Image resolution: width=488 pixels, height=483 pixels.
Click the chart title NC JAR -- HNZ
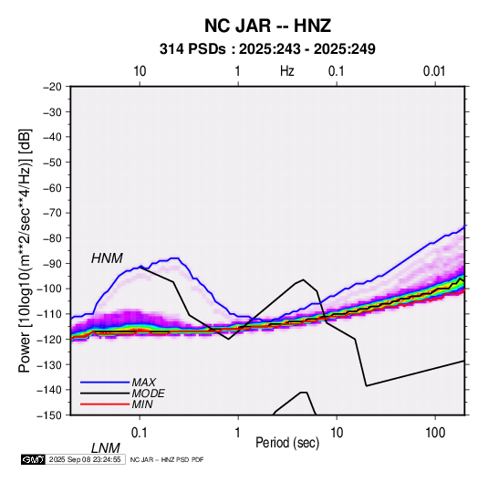(x=267, y=26)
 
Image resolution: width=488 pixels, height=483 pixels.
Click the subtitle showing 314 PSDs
(x=267, y=49)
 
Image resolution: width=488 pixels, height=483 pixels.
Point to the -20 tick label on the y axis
(x=52, y=87)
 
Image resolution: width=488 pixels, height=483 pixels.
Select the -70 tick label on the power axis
(x=52, y=213)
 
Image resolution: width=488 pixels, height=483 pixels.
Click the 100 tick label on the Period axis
(x=435, y=433)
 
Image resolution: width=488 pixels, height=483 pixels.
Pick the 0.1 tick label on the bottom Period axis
(x=139, y=433)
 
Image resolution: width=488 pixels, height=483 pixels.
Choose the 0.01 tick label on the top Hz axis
(x=434, y=71)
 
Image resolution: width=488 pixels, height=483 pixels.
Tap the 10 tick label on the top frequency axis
(x=140, y=71)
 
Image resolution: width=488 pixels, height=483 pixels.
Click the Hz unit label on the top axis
(x=287, y=71)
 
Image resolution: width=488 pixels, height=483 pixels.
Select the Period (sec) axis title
(x=287, y=443)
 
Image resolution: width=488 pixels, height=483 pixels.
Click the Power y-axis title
(x=25, y=251)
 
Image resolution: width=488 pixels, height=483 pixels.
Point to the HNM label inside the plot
(x=107, y=258)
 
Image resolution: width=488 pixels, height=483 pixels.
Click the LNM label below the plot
(x=106, y=448)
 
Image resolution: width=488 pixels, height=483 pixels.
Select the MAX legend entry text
(x=143, y=382)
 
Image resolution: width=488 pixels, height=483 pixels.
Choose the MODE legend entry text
(x=148, y=394)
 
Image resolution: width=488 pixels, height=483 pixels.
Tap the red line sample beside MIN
(x=105, y=404)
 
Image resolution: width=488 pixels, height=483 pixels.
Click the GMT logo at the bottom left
(x=34, y=459)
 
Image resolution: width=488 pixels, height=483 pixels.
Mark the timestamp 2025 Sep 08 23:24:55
(x=85, y=459)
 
